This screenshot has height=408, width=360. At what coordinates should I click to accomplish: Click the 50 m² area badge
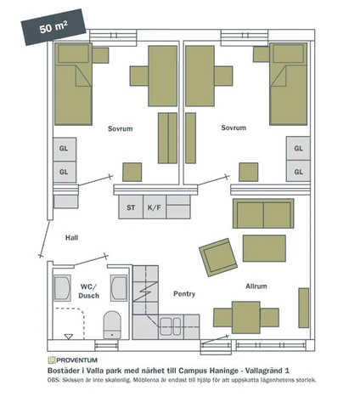pyautogui.click(x=53, y=27)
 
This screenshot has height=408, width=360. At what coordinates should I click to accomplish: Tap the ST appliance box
pyautogui.click(x=131, y=207)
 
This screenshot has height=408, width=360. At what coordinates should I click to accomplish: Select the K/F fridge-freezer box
pyautogui.click(x=155, y=207)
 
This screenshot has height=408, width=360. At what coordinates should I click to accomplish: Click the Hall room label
pyautogui.click(x=71, y=238)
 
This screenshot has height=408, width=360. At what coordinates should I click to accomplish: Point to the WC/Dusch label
pyautogui.click(x=88, y=291)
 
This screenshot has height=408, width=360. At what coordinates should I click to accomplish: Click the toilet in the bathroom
pyautogui.click(x=112, y=325)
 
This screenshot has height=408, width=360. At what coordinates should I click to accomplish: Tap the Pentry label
pyautogui.click(x=184, y=294)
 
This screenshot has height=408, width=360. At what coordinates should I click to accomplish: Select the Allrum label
pyautogui.click(x=256, y=286)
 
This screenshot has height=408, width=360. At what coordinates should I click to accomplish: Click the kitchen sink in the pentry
pyautogui.click(x=171, y=326)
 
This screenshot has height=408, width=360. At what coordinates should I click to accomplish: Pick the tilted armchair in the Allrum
pyautogui.click(x=218, y=257)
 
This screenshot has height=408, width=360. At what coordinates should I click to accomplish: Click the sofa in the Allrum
pyautogui.click(x=263, y=213)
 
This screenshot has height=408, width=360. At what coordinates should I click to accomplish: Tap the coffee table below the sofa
pyautogui.click(x=264, y=248)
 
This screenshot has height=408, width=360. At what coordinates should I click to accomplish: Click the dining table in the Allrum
pyautogui.click(x=246, y=317)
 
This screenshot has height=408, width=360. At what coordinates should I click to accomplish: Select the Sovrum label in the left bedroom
pyautogui.click(x=121, y=128)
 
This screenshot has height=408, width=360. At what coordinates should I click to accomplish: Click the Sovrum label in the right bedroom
pyautogui.click(x=233, y=127)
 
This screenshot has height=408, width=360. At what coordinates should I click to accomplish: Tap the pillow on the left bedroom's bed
pyautogui.click(x=73, y=54)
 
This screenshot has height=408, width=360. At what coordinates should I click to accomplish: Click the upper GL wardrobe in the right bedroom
pyautogui.click(x=298, y=148)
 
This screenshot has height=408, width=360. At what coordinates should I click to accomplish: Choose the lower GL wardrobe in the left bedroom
pyautogui.click(x=65, y=172)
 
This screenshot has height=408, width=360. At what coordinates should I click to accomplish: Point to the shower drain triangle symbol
pyautogui.click(x=69, y=337)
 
